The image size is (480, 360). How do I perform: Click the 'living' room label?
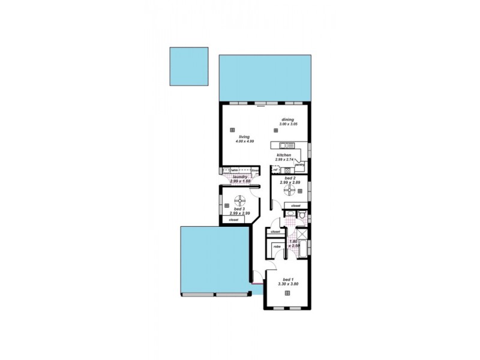244,137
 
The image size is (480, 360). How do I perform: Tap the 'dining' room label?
288,119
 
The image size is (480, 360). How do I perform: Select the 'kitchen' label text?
284,155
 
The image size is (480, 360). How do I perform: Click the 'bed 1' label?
288,280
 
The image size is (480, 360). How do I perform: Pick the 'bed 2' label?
289,178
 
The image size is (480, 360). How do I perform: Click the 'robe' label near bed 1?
277,246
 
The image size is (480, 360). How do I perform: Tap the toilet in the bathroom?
303,215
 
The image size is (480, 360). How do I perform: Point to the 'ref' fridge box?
275,170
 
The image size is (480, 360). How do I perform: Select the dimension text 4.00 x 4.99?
244,142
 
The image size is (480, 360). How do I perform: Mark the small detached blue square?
188,66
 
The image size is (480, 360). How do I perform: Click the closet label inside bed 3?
233,220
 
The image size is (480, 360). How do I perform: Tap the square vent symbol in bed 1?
288,292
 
